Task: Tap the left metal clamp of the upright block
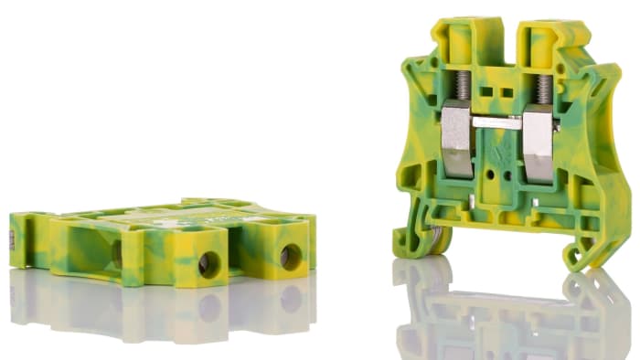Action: (x=456, y=136)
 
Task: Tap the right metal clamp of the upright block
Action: (x=539, y=140)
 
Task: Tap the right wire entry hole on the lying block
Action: (x=291, y=257)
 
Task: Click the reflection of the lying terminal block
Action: (x=165, y=306)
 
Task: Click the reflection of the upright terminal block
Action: (x=503, y=311)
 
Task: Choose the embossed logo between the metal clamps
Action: (x=498, y=147)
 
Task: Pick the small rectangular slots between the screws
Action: (x=502, y=92)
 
